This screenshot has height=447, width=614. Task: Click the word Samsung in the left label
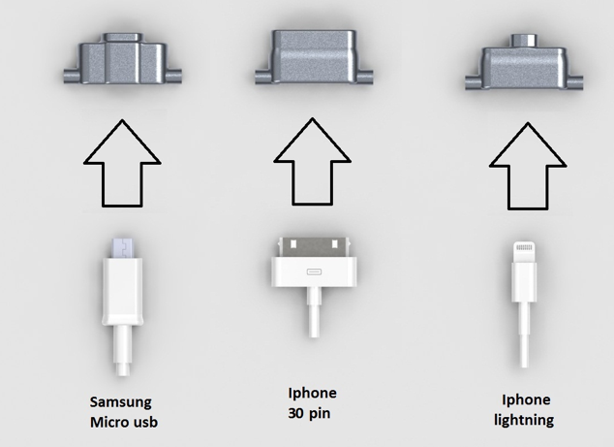pos(121,401)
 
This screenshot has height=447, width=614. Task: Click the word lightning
pos(525,419)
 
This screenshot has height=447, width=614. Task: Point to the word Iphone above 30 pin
pos(312,393)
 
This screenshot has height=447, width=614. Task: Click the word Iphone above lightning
pos(525,399)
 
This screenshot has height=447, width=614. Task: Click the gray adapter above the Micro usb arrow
pos(119,65)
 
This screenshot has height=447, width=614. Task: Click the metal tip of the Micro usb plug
pos(120,246)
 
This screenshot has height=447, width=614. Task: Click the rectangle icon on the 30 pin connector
pos(312,271)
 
